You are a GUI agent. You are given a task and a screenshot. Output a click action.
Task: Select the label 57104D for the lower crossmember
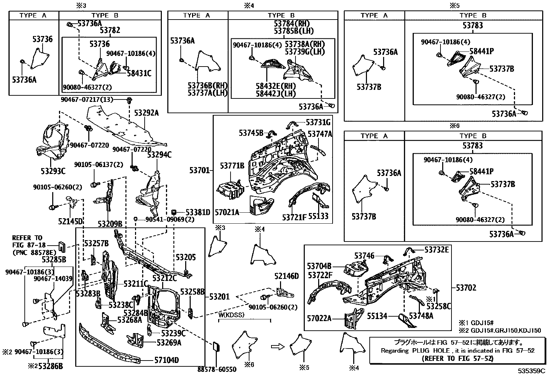(166, 361)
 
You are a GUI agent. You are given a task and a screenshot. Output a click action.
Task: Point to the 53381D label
(198, 212)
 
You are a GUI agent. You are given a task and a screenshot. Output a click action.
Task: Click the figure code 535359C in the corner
(532, 371)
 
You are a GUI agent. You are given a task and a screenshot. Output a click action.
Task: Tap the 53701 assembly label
(199, 169)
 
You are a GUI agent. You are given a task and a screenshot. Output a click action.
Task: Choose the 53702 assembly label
(466, 288)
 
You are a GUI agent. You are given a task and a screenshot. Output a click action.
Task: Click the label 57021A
(227, 212)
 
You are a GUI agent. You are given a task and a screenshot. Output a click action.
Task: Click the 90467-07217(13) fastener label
(91, 100)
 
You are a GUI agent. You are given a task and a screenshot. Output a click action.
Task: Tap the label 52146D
(286, 276)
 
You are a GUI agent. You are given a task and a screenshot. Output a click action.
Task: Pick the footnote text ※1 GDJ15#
(476, 323)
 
